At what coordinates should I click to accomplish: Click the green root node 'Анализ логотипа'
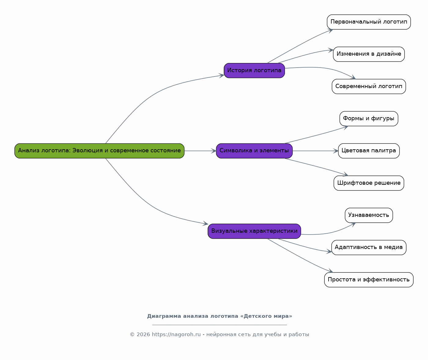pyautogui.click(x=99, y=151)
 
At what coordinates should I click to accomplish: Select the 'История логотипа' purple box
pyautogui.click(x=254, y=71)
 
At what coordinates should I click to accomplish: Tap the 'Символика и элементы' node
pyautogui.click(x=254, y=151)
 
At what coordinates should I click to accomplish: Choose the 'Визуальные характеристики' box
pyautogui.click(x=254, y=231)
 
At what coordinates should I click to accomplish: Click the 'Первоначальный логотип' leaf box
pyautogui.click(x=369, y=22)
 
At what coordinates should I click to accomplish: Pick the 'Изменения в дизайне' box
pyautogui.click(x=369, y=54)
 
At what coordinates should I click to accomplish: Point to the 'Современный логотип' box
pyautogui.click(x=369, y=87)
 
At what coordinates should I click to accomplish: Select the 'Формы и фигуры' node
pyautogui.click(x=369, y=119)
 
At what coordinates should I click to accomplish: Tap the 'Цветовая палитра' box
pyautogui.click(x=369, y=151)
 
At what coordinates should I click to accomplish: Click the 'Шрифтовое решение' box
pyautogui.click(x=369, y=183)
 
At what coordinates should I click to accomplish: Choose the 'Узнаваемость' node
pyautogui.click(x=369, y=215)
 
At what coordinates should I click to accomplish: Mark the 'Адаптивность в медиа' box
pyautogui.click(x=369, y=247)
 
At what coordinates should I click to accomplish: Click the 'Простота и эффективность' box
pyautogui.click(x=369, y=280)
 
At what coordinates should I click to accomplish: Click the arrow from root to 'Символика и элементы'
pyautogui.click(x=200, y=151)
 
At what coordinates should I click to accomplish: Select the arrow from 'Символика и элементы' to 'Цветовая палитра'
pyautogui.click(x=315, y=151)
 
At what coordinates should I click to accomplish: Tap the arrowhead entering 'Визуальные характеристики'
pyautogui.click(x=205, y=224)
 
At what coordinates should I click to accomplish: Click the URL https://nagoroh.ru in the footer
pyautogui.click(x=176, y=335)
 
